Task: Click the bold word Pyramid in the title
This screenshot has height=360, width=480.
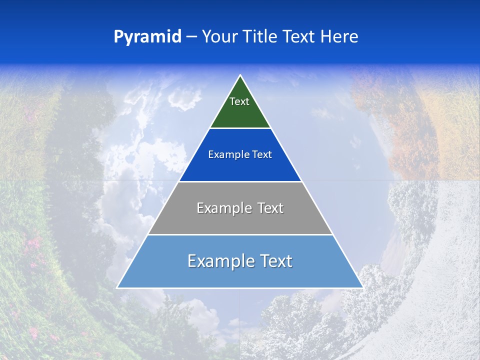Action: point(147,37)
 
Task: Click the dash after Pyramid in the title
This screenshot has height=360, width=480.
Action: point(191,37)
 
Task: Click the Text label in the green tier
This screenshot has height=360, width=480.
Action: point(239,101)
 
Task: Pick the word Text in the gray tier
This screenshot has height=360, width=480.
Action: point(270,208)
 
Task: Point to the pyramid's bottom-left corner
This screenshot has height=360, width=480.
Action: point(117,287)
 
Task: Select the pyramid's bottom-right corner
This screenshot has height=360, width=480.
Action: point(362,287)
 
